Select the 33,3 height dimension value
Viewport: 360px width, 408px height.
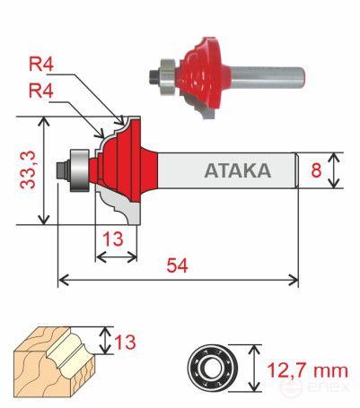[29, 171]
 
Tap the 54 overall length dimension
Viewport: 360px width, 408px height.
[177, 265]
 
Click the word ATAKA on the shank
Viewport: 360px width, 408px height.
[237, 170]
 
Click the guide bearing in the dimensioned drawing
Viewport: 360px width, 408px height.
[78, 168]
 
